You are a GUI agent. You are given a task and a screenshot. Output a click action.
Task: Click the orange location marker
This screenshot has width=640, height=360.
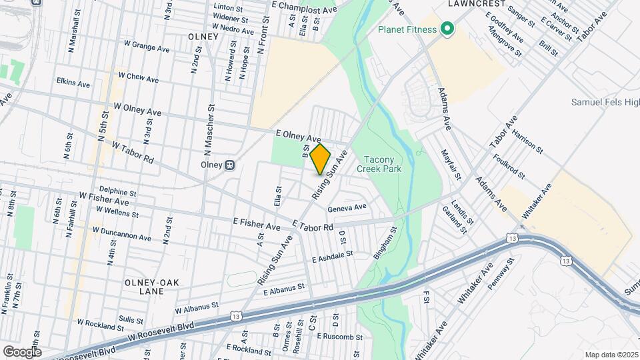[320, 159]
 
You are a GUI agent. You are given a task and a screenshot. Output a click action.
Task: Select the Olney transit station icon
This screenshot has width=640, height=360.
[229, 164]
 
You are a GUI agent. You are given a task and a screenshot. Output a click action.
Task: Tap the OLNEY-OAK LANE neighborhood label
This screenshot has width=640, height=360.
[152, 287]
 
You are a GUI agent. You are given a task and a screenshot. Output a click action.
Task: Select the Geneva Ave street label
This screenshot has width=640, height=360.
[347, 207]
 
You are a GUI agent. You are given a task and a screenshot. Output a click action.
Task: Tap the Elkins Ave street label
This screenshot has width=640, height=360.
[73, 84]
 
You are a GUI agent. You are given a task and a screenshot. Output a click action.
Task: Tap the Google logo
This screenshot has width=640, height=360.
[21, 351]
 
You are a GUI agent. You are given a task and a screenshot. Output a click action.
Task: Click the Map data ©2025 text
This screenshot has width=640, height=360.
[610, 354]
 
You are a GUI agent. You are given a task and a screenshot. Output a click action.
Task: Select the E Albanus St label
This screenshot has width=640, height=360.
[283, 289]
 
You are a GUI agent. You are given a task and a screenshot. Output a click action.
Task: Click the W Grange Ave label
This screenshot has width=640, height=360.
[147, 47]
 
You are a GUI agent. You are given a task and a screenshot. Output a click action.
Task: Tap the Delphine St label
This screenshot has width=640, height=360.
[117, 191]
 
